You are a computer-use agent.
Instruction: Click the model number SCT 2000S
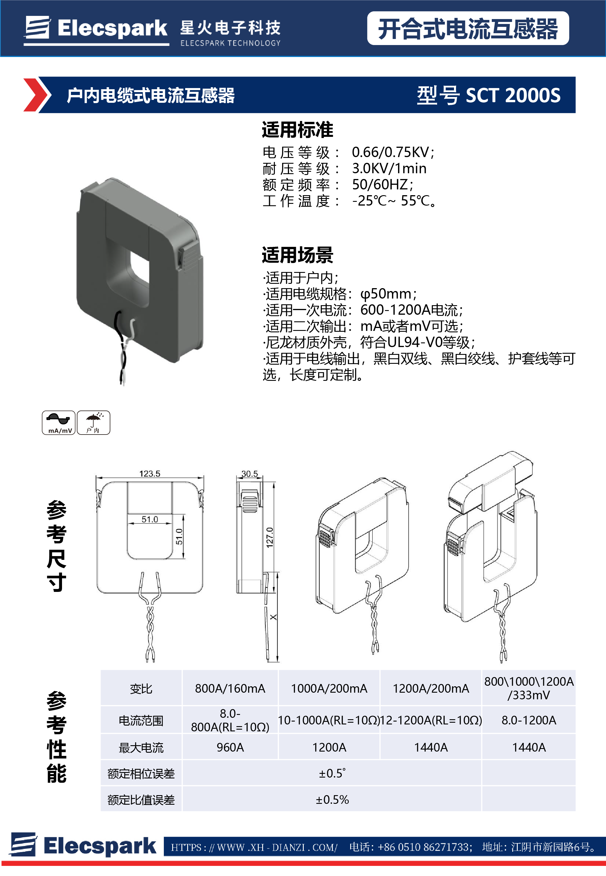point(513,95)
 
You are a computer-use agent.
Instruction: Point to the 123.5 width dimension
point(150,474)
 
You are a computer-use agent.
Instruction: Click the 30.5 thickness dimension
point(249,474)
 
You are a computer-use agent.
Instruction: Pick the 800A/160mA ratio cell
point(230,688)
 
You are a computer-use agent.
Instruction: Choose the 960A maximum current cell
point(230,747)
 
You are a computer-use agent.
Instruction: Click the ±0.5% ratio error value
point(332,799)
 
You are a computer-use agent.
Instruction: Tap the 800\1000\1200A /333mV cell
point(528,688)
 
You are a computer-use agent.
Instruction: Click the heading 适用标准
point(297,130)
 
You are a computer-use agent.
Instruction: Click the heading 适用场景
point(297,255)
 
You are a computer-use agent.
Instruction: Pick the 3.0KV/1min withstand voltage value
point(389,168)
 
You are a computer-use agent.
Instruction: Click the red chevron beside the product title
point(36,95)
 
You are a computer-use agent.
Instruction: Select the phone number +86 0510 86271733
point(425,847)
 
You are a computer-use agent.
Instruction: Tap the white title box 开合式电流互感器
point(468,29)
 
